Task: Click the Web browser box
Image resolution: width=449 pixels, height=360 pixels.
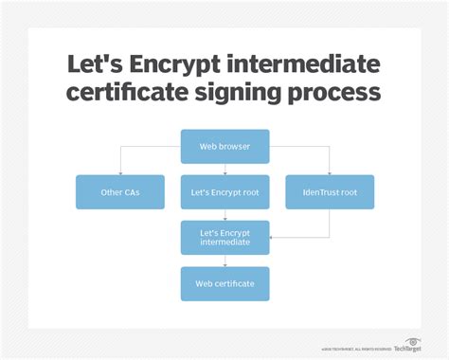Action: [x=225, y=146]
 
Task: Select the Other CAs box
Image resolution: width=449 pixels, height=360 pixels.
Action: [x=119, y=192]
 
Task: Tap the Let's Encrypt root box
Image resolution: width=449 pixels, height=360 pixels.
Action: [x=225, y=192]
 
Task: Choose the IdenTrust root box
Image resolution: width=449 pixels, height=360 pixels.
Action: [x=330, y=192]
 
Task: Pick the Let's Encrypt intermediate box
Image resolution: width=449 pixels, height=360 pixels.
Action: [x=225, y=237]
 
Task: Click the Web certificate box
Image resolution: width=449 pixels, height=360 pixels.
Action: [x=225, y=283]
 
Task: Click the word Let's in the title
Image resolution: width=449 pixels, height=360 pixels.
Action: [x=89, y=63]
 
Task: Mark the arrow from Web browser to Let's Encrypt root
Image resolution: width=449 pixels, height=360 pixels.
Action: [x=225, y=169]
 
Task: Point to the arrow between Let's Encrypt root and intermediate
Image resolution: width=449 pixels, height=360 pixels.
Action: [x=225, y=215]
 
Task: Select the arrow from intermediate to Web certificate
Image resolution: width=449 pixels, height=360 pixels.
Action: [x=225, y=261]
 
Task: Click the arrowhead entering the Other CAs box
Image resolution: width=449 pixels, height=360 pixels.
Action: [x=119, y=172]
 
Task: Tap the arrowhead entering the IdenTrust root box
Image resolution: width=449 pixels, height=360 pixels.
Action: [x=330, y=172]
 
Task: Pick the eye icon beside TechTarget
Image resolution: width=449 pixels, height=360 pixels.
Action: [x=413, y=342]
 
